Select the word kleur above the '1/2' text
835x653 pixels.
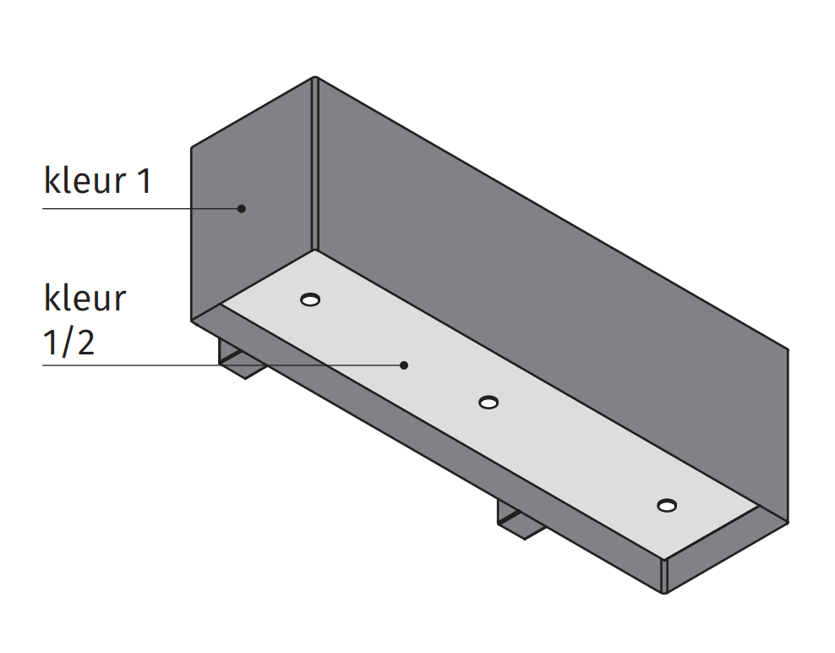tap(85, 299)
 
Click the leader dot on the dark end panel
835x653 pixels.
tap(241, 208)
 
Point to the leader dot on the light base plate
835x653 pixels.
tap(404, 365)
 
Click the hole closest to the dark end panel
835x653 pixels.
tap(310, 299)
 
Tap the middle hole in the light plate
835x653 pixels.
tap(488, 402)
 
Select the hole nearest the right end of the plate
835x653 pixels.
tap(667, 506)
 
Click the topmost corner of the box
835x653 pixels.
tap(314, 78)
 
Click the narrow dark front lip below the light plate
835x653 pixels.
tap(423, 457)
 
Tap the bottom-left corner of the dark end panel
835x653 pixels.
tap(192, 320)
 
